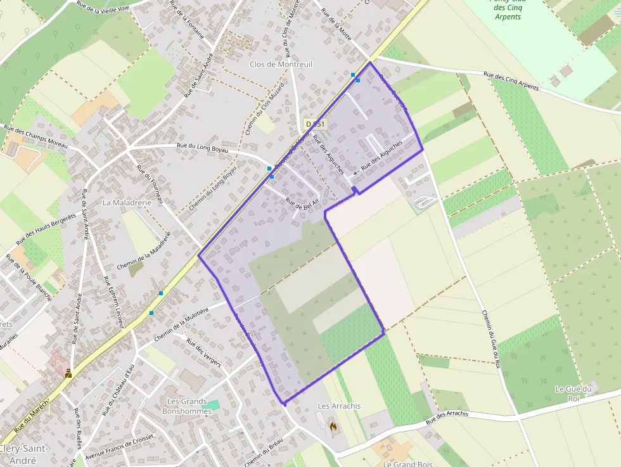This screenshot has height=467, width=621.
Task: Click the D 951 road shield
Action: coord(315,124)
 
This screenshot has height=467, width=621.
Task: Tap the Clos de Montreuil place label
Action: coord(281,64)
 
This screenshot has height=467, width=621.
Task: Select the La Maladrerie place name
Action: coord(127,203)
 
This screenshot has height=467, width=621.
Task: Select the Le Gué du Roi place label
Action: coord(573,393)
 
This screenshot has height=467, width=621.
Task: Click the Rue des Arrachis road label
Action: coord(447,417)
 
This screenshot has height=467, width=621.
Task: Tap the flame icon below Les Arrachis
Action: coord(333,427)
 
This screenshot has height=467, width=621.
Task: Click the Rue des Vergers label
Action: coord(203,353)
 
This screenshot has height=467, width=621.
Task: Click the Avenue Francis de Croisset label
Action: coord(120,447)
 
